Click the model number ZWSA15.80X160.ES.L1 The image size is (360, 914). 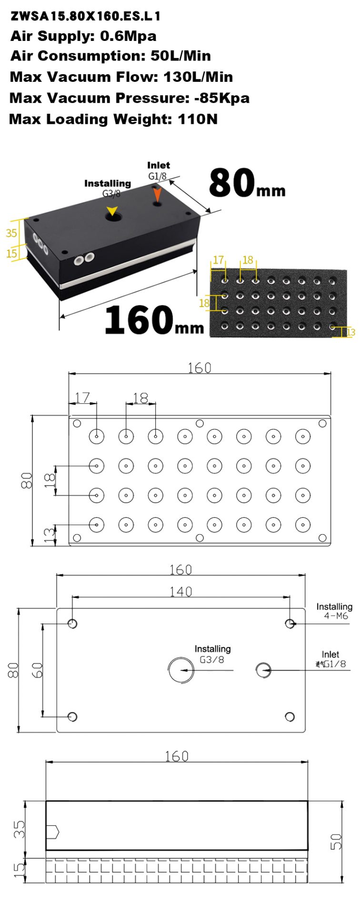click(x=85, y=16)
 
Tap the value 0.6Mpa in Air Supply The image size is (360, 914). click(x=128, y=36)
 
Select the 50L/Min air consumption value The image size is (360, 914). click(x=180, y=56)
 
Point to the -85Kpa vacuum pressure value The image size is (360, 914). click(x=222, y=98)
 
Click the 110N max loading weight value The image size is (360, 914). click(x=198, y=119)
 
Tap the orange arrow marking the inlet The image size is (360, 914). click(x=158, y=194)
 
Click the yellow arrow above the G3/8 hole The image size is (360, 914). click(x=112, y=211)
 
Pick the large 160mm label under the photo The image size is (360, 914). click(x=154, y=319)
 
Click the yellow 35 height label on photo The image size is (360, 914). click(x=11, y=233)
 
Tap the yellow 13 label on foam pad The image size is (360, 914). click(x=351, y=332)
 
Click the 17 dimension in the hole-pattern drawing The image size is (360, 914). click(x=82, y=397)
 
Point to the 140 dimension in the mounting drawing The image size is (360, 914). click(x=181, y=591)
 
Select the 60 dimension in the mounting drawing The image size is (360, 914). click(x=37, y=670)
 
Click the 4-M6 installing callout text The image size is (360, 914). click(x=336, y=616)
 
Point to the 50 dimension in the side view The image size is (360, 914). click(x=336, y=842)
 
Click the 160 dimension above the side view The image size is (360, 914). click(x=176, y=756)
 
